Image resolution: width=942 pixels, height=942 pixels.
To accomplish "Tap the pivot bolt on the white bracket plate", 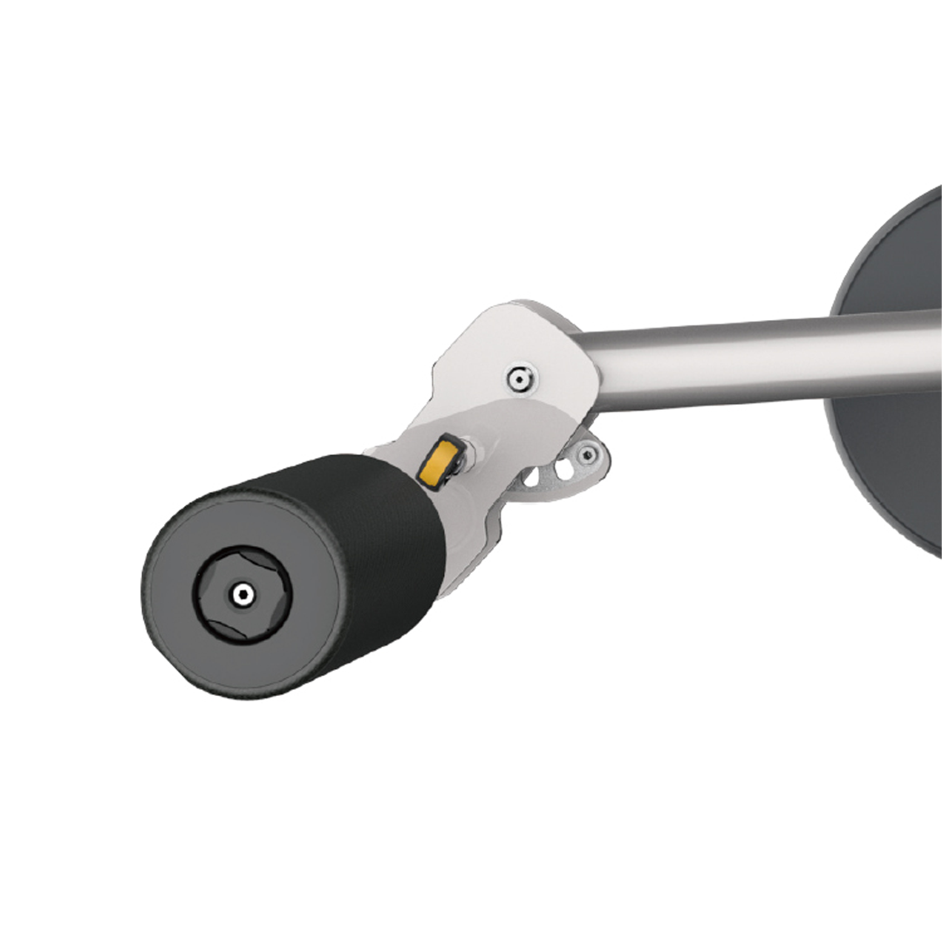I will pos(522,377).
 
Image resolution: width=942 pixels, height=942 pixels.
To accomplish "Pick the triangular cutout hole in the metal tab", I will pos(534,479).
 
